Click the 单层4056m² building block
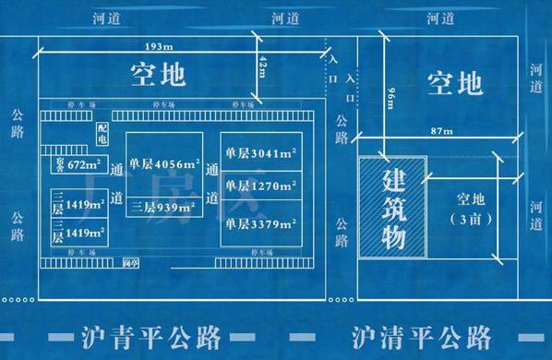[165, 163]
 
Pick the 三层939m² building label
[165, 207]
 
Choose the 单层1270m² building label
[259, 186]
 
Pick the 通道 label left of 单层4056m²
[116, 184]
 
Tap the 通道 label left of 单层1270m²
[211, 184]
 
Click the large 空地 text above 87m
[454, 84]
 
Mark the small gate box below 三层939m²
[130, 263]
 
